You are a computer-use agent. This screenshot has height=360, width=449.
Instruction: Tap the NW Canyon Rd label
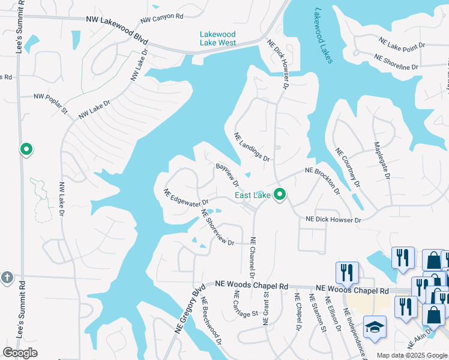(x=162, y=17)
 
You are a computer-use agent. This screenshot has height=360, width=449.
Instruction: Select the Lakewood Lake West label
(x=217, y=38)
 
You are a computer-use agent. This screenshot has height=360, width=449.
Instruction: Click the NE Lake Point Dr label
(x=402, y=42)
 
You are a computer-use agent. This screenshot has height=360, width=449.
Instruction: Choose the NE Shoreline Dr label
(x=396, y=61)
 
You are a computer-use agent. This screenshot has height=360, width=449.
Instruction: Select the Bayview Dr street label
(x=228, y=174)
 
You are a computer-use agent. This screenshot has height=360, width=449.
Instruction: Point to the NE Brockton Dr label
(x=322, y=181)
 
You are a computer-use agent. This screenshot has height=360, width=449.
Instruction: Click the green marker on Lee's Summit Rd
(x=26, y=149)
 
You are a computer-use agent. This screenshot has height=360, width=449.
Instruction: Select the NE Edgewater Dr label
(x=185, y=197)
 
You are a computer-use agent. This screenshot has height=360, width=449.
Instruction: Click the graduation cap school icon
(x=375, y=326)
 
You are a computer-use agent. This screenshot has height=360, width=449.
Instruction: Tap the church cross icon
(x=7, y=277)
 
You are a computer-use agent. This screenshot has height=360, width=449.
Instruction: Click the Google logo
(x=20, y=353)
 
